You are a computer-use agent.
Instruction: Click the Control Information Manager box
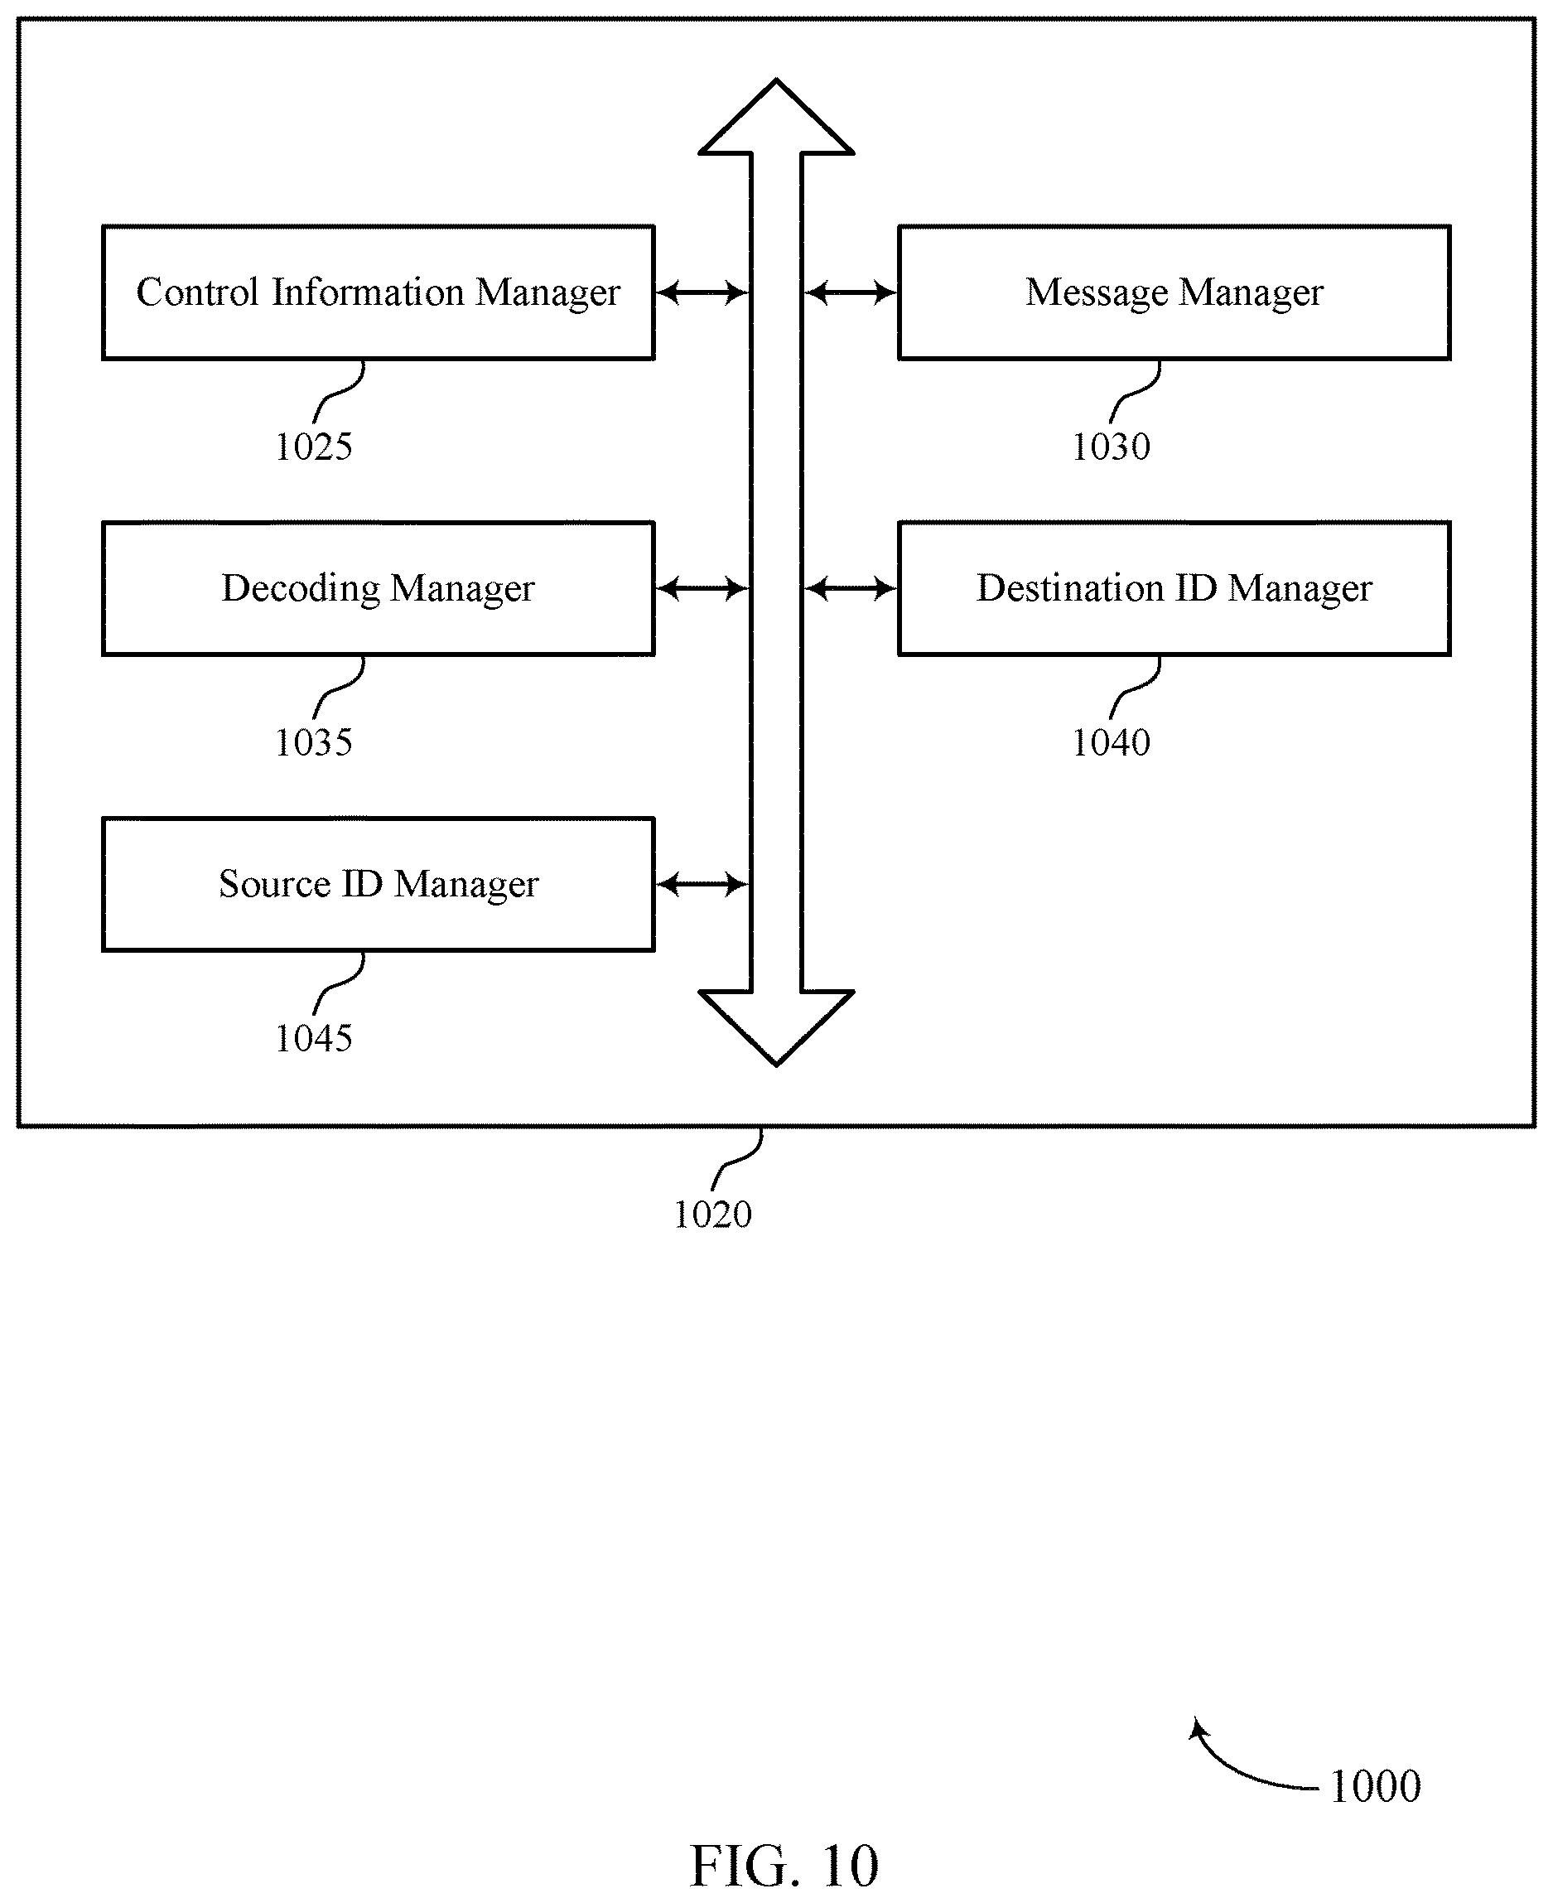coord(379,292)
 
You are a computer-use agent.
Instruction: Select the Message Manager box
coord(1174,292)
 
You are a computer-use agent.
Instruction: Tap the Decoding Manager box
coord(379,589)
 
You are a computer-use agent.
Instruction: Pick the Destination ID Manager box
coord(1174,589)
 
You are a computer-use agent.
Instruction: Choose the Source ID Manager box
coord(379,884)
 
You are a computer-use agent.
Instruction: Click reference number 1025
coord(313,447)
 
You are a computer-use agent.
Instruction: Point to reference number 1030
coord(1110,447)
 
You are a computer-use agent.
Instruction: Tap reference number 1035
coord(313,742)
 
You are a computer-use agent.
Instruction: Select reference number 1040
coord(1110,742)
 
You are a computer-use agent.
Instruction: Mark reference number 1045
coord(313,1039)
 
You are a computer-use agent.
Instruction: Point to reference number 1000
coord(1375,1787)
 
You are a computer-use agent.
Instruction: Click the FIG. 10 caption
coord(784,1867)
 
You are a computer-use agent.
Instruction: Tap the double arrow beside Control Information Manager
coord(702,292)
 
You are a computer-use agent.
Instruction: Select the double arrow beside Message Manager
coord(850,292)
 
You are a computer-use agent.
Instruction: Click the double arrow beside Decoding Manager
coord(702,589)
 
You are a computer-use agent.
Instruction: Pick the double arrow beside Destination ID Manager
coord(850,589)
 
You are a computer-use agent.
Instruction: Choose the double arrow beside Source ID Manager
coord(702,885)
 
